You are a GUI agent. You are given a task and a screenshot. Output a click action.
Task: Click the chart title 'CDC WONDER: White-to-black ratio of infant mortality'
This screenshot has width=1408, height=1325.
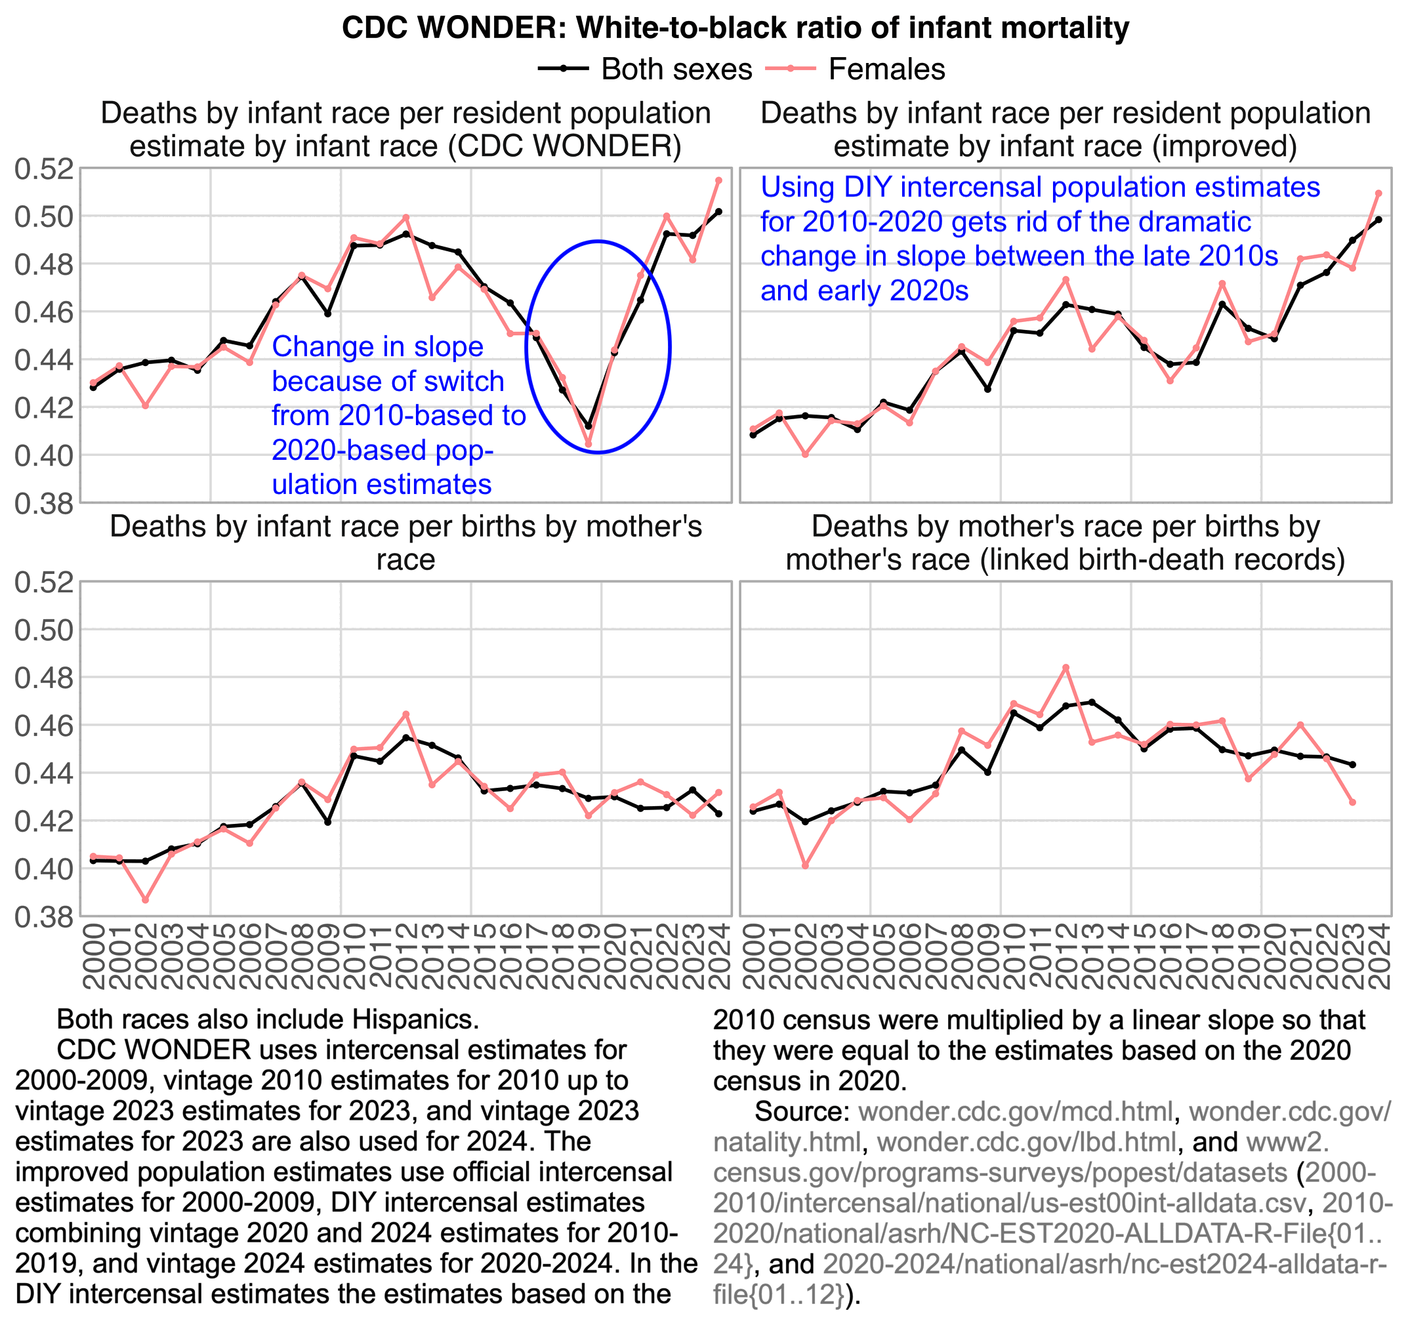(x=734, y=28)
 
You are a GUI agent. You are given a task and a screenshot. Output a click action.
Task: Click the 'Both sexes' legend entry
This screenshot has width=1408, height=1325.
(x=676, y=70)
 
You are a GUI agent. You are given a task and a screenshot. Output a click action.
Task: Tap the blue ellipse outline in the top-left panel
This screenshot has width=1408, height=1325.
(x=669, y=347)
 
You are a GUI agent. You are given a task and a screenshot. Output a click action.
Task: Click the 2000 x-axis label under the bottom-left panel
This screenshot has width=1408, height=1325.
(x=93, y=956)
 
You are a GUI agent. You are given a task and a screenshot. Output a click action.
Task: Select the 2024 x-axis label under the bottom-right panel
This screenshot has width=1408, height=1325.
(x=1380, y=956)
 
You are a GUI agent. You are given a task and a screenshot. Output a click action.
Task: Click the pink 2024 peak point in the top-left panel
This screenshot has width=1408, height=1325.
(x=718, y=180)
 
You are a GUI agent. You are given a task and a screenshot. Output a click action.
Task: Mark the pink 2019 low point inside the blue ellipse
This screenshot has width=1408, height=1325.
(x=588, y=444)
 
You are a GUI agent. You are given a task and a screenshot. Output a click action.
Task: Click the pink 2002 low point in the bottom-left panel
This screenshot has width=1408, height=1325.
(x=145, y=899)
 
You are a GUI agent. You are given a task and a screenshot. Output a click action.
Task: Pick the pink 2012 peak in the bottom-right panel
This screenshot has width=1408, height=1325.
(x=1066, y=667)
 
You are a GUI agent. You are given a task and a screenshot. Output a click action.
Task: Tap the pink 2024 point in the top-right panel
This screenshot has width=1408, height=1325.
(x=1378, y=194)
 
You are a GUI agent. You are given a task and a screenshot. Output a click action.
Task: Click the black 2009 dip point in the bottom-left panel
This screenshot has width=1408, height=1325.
(x=328, y=821)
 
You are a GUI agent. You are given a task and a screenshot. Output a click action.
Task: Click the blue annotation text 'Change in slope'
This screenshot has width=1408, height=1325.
(x=377, y=347)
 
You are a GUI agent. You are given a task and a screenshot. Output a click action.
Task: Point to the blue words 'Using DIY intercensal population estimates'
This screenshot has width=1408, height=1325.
(x=1040, y=188)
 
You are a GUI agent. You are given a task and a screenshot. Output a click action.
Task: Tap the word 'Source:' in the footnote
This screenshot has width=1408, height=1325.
(x=801, y=1111)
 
